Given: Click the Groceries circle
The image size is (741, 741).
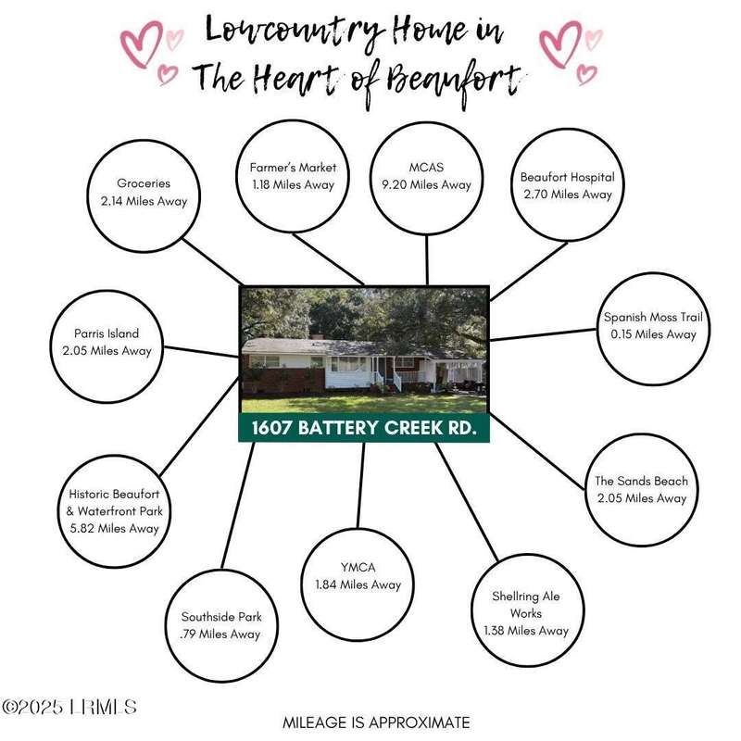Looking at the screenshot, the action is [x=144, y=196].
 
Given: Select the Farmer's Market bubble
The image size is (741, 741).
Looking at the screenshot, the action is [x=293, y=176].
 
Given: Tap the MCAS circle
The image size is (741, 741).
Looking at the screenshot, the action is [x=427, y=178].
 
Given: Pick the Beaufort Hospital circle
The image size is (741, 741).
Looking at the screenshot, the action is [x=568, y=184].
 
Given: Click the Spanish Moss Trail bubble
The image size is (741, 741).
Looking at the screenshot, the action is [x=654, y=329].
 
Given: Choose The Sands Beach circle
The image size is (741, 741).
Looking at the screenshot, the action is [x=642, y=490].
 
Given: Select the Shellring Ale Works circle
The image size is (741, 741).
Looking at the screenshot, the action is [x=527, y=610].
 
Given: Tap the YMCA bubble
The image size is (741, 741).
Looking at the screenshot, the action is [x=358, y=584].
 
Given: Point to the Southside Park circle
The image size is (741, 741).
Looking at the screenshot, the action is [x=221, y=626].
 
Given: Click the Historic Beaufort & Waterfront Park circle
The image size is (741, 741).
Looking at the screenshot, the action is [x=114, y=511].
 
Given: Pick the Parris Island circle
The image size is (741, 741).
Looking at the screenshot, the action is [x=107, y=346].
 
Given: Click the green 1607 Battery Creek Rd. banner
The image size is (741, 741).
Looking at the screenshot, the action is [x=364, y=428].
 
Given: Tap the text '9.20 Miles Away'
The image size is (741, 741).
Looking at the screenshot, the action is [x=427, y=184].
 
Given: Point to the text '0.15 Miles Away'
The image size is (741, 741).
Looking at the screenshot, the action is [x=654, y=334].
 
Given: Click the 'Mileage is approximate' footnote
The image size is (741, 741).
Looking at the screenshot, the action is [x=376, y=722].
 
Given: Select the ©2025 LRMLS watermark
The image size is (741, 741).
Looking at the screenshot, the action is [x=69, y=707].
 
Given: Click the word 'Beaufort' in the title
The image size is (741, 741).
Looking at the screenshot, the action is [x=454, y=82].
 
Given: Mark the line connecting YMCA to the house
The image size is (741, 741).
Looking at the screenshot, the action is [x=361, y=484].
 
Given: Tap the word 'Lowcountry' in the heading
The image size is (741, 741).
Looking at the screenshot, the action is [x=294, y=31].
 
